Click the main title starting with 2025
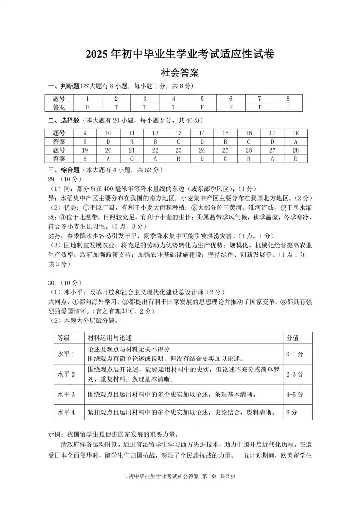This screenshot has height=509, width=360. click(x=180, y=54)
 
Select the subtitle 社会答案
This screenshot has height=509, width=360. click(x=180, y=73)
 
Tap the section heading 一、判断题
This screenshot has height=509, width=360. click(x=64, y=86)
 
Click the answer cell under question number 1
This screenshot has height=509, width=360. click(x=87, y=107)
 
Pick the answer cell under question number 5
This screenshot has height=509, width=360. click(x=202, y=107)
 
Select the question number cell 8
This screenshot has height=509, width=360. click(x=288, y=99)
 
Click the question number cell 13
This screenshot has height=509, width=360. click(x=179, y=133)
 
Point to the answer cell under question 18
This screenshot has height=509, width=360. click(x=296, y=142)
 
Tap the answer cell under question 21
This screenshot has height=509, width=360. click(x=132, y=159)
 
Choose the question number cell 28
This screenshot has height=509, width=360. click(x=296, y=150)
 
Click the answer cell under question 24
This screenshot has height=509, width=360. click(x=202, y=159)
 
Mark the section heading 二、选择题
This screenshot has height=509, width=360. click(x=64, y=121)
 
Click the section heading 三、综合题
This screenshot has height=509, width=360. click(x=64, y=170)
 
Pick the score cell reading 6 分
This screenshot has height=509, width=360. click(x=292, y=413)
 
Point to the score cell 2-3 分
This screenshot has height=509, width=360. click(x=294, y=374)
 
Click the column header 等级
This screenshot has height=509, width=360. click(x=64, y=338)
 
